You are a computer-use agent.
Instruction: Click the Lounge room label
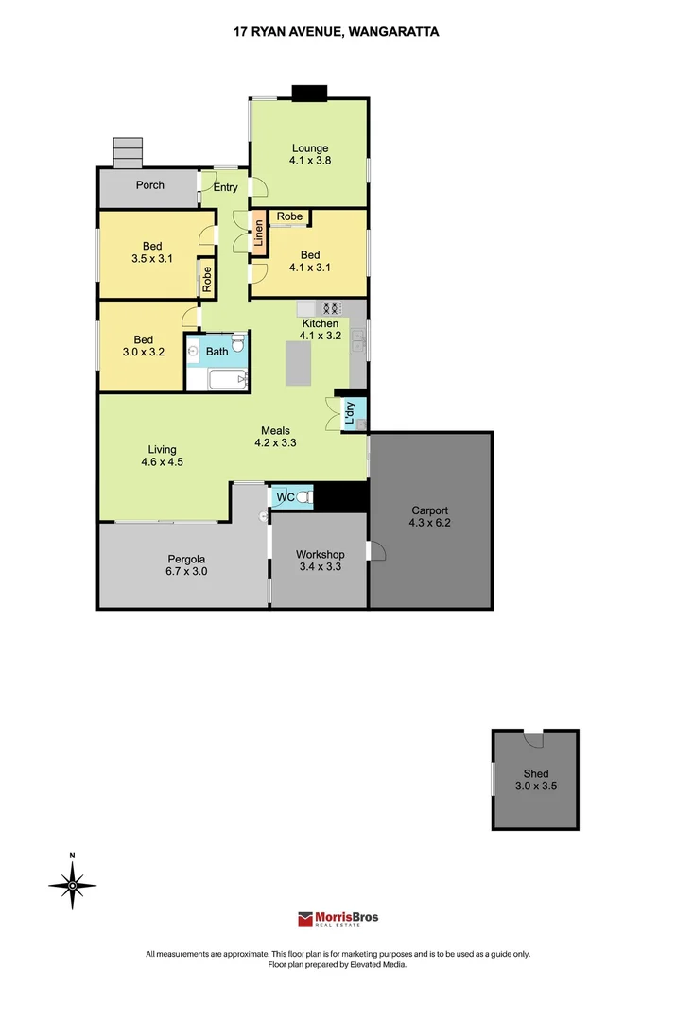[x=310, y=148]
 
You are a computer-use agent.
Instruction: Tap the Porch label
[x=149, y=185]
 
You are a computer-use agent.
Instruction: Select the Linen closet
[x=257, y=235]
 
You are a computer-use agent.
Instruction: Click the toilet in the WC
[x=303, y=497]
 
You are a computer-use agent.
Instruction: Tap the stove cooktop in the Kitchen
[x=332, y=307]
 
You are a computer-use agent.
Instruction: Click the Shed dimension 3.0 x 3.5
[x=535, y=786]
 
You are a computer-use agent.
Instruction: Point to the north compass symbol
[x=73, y=884]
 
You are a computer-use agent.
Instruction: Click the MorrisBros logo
[x=338, y=919]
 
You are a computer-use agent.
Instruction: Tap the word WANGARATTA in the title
[x=393, y=31]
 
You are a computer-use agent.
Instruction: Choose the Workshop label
[x=320, y=555]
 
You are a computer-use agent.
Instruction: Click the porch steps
[x=127, y=152]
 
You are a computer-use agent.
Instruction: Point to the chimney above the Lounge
[x=308, y=93]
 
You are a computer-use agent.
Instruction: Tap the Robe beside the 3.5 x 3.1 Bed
[x=206, y=279]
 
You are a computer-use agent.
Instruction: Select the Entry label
[x=225, y=187]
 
